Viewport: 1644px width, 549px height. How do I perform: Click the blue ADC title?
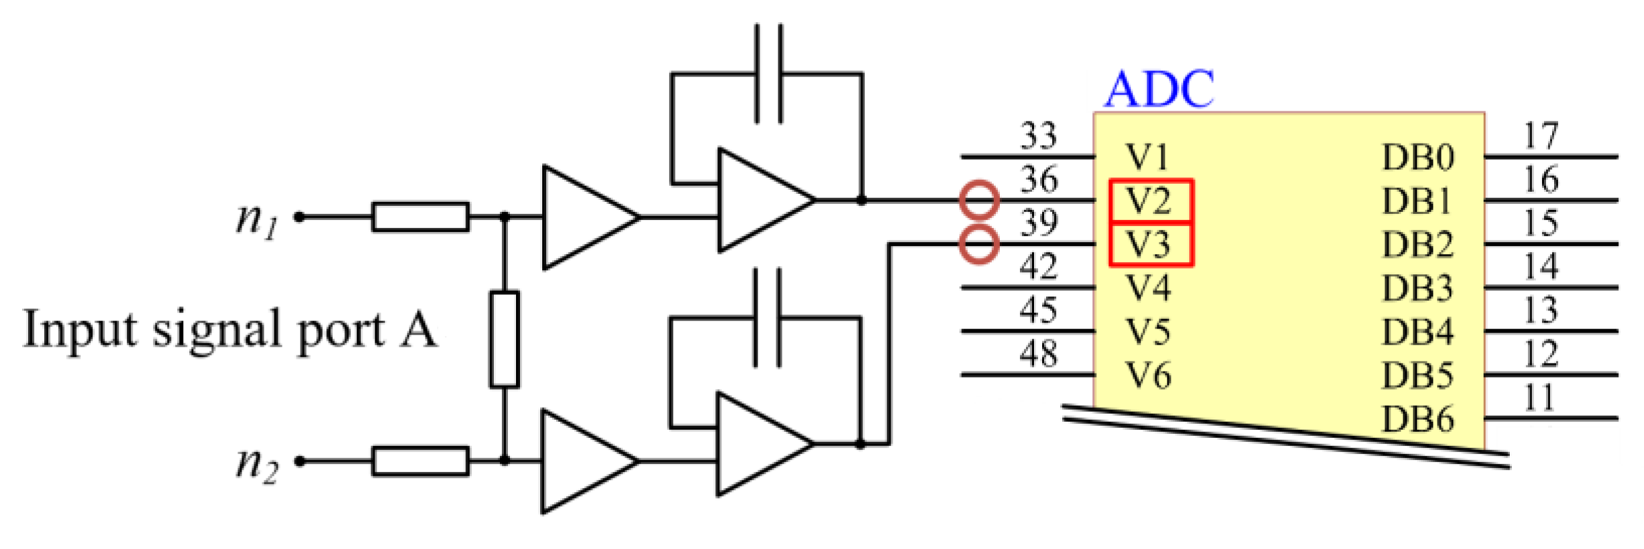(x=1159, y=89)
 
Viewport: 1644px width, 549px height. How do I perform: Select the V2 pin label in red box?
(x=1150, y=201)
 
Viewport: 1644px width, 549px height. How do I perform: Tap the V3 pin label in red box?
(x=1150, y=245)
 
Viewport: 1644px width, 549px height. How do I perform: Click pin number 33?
(x=1038, y=135)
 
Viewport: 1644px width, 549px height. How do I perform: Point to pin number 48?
(x=1038, y=353)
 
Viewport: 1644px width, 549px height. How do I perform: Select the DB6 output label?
(x=1418, y=420)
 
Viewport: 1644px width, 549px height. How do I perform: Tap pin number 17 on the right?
(x=1540, y=136)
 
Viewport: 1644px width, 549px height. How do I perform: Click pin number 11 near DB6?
(x=1539, y=398)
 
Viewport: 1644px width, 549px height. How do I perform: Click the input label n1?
(x=256, y=220)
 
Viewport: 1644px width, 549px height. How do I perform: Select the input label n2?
(x=256, y=464)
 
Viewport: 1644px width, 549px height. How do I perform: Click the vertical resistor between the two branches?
(x=504, y=339)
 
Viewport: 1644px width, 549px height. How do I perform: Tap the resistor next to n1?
(x=420, y=217)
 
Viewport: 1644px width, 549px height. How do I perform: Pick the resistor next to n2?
(x=420, y=461)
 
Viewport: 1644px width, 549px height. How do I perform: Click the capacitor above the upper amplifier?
(x=768, y=74)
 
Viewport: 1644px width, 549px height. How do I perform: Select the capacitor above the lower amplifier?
(x=767, y=318)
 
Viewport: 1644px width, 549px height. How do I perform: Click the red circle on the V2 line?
(x=979, y=200)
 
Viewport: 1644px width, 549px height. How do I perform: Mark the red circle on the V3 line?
(x=979, y=244)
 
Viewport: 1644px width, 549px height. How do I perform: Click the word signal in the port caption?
(x=217, y=330)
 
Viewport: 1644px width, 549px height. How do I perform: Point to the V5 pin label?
(x=1148, y=332)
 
